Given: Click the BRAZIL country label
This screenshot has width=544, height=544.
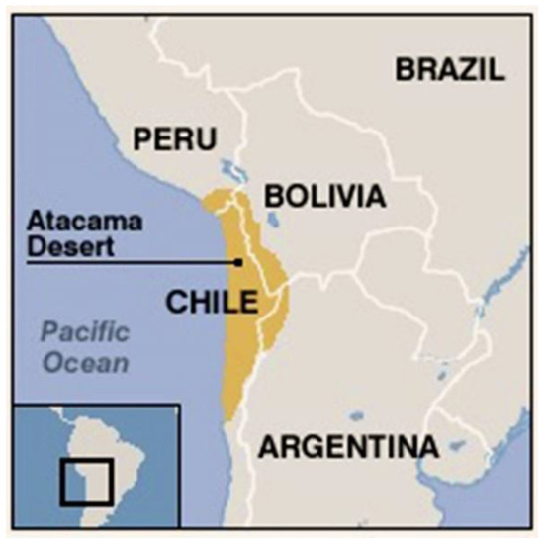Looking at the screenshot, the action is tap(450, 69).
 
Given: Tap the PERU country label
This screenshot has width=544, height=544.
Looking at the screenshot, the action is tap(175, 139).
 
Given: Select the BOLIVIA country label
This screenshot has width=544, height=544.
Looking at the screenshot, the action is tap(323, 197).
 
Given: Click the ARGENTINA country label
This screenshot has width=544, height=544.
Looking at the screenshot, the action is tap(348, 447).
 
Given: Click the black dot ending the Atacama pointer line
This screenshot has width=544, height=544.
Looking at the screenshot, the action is tap(239, 262).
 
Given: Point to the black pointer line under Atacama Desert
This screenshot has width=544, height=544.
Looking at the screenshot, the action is tap(129, 262).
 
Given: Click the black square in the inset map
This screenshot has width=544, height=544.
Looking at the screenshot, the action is tap(86, 483).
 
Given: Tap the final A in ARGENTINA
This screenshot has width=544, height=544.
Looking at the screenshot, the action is tap(427, 447).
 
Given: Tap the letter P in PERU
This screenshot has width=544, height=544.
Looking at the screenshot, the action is tap(145, 139).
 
